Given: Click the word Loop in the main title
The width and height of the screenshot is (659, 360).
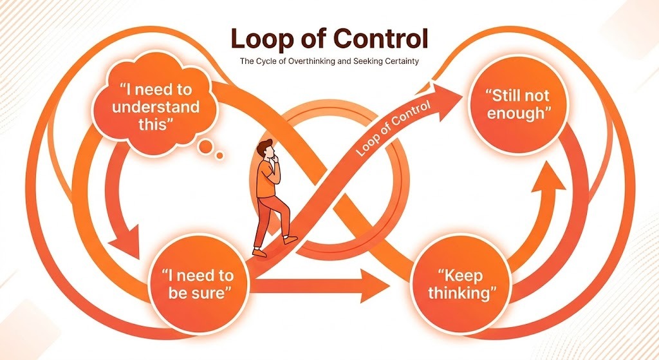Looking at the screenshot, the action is (x=259, y=39).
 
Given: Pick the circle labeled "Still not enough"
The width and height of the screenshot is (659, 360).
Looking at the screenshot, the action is (x=518, y=104).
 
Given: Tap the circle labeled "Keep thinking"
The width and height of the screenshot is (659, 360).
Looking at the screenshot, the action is (x=461, y=284).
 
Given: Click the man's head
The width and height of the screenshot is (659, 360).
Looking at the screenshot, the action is (x=266, y=150).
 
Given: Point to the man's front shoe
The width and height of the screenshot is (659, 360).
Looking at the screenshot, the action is (x=290, y=240).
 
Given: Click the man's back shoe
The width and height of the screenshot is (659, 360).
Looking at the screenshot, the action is (x=259, y=252).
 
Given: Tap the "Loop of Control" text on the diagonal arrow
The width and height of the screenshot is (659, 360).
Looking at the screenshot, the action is (x=393, y=128).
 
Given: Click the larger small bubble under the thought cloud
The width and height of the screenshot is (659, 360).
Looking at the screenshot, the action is (x=207, y=146).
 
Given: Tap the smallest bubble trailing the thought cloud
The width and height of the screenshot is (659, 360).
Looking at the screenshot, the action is (x=219, y=156).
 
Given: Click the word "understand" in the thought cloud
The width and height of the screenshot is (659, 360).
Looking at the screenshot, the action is (x=156, y=107).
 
